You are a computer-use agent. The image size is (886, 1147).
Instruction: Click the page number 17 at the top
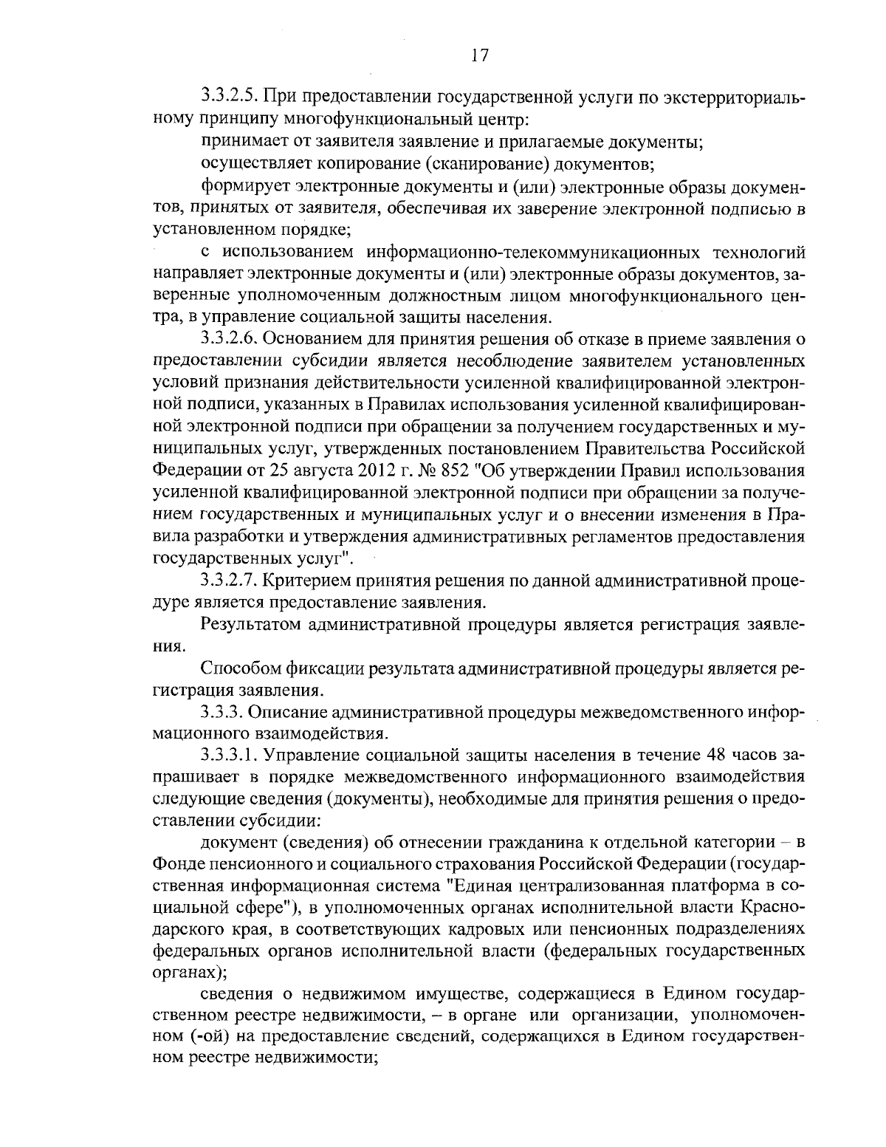click(x=478, y=56)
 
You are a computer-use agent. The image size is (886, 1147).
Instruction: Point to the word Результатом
click(x=249, y=625)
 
